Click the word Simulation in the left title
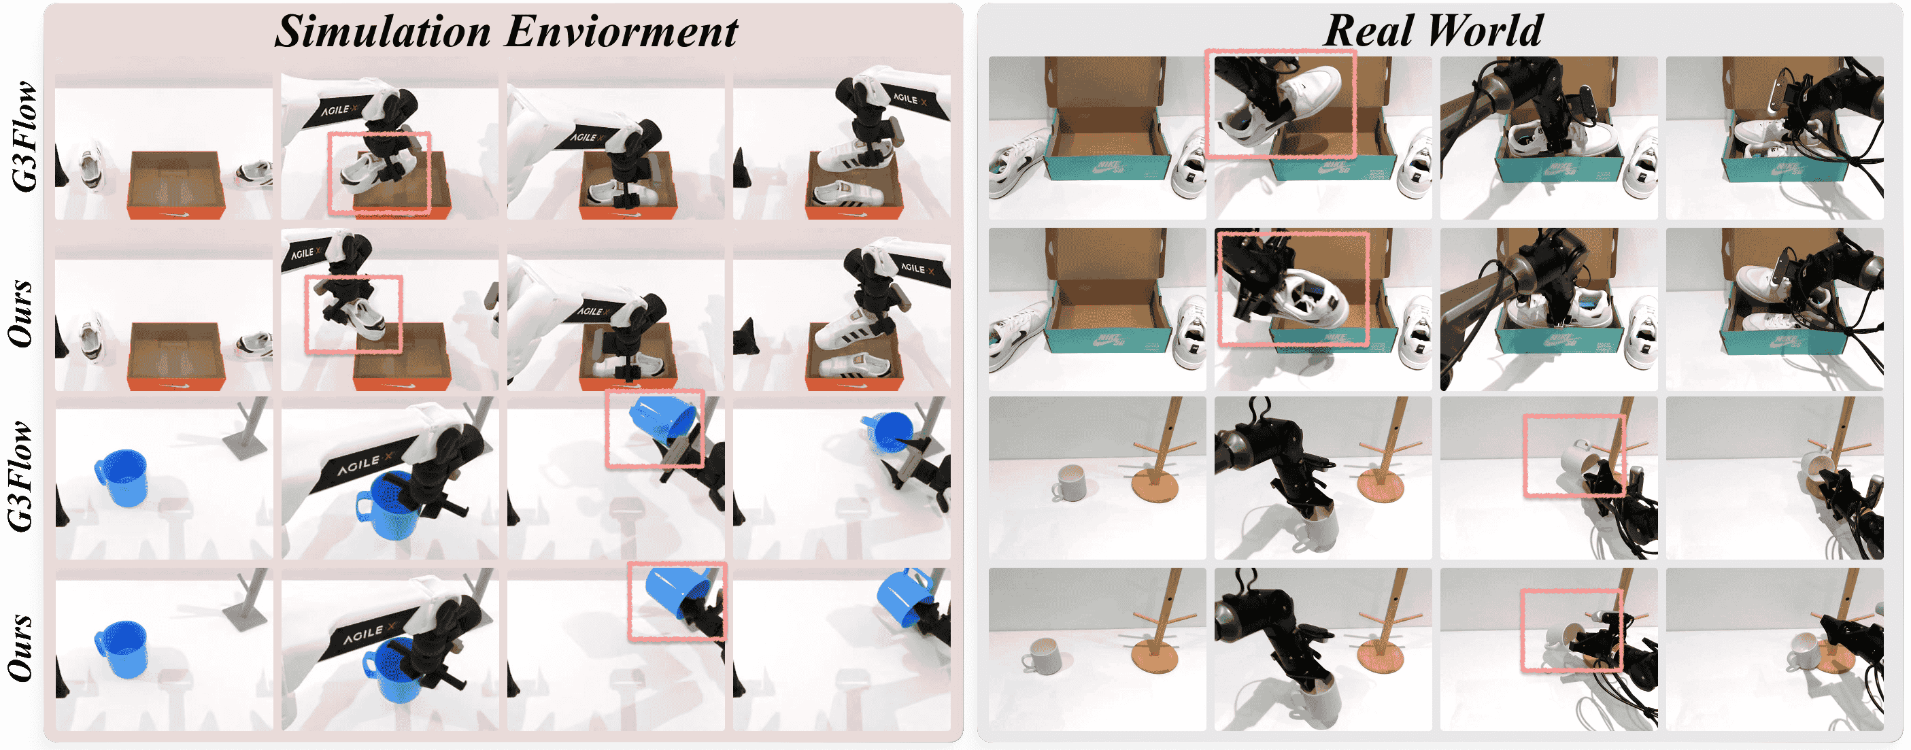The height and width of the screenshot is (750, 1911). pyautogui.click(x=383, y=32)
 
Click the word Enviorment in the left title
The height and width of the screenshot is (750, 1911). pyautogui.click(x=622, y=32)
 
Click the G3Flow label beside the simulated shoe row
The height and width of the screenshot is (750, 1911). pyautogui.click(x=24, y=137)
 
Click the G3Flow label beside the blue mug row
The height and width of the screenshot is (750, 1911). pyautogui.click(x=22, y=476)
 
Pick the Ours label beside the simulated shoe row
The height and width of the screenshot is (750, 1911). pyautogui.click(x=21, y=313)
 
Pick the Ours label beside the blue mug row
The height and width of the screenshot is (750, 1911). pyautogui.click(x=21, y=647)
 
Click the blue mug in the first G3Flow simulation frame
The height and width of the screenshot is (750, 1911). pyautogui.click(x=121, y=479)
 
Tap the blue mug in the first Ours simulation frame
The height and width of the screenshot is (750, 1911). pyautogui.click(x=121, y=650)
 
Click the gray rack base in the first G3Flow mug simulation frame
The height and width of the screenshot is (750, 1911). pyautogui.click(x=245, y=443)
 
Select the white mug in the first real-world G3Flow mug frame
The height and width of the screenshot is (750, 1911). pyautogui.click(x=1069, y=483)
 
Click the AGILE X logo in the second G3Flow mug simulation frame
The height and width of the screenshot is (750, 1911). pyautogui.click(x=365, y=465)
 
